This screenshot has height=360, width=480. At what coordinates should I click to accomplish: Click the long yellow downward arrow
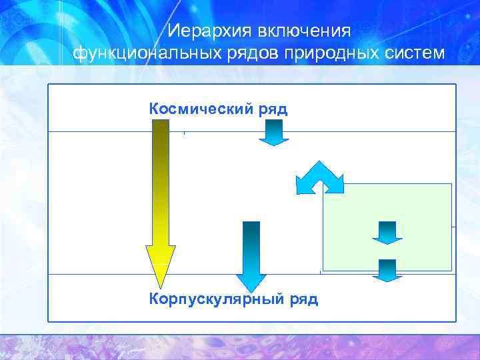161,193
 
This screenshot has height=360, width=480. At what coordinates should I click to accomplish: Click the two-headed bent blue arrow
320,175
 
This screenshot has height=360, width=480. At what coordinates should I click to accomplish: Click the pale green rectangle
413,207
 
